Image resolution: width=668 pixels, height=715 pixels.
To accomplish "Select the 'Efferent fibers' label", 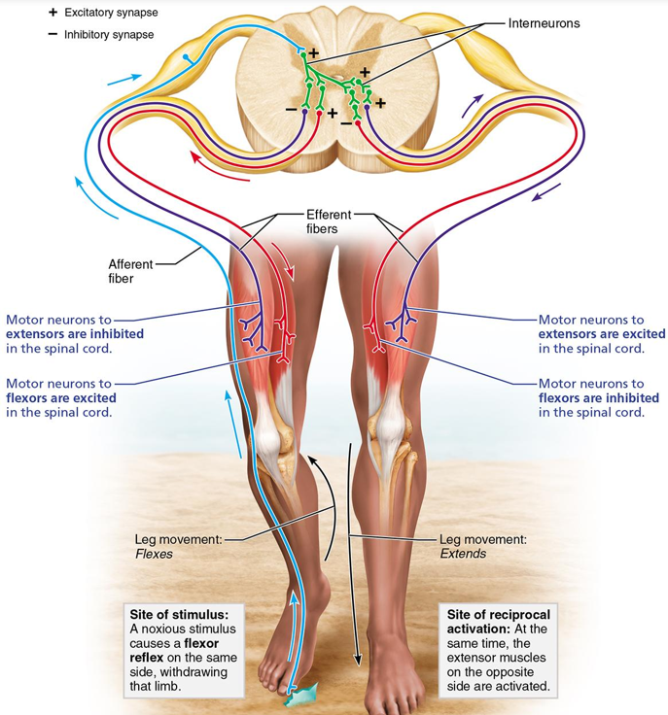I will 323,221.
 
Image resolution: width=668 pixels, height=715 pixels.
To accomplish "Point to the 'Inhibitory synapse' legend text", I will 109,35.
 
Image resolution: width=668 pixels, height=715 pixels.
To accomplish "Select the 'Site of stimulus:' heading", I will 178,615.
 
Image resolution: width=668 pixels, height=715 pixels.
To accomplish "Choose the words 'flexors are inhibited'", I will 598,398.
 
